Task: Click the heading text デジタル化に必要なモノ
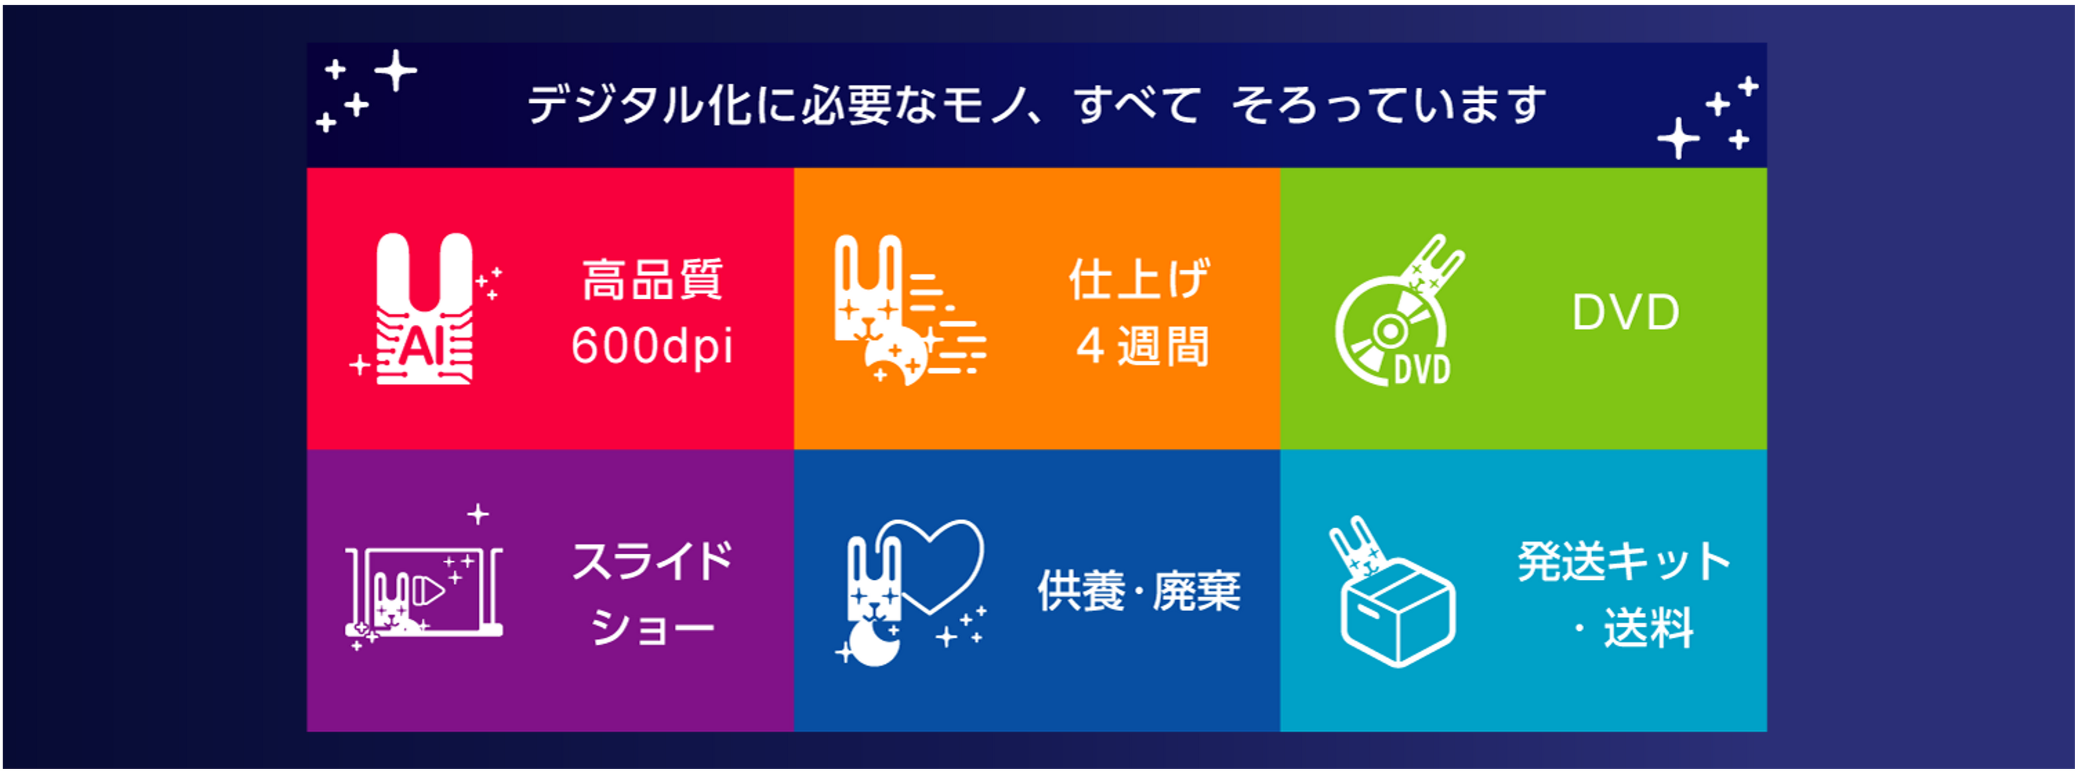778,105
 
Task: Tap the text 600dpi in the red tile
652,346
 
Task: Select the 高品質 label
652,279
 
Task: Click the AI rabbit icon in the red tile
426,308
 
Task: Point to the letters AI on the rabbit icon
424,348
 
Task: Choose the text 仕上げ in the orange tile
1140,279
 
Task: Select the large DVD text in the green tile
1625,312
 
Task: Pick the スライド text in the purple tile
652,561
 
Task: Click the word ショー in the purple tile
652,627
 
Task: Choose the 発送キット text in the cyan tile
1624,561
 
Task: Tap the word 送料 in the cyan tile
1648,628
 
